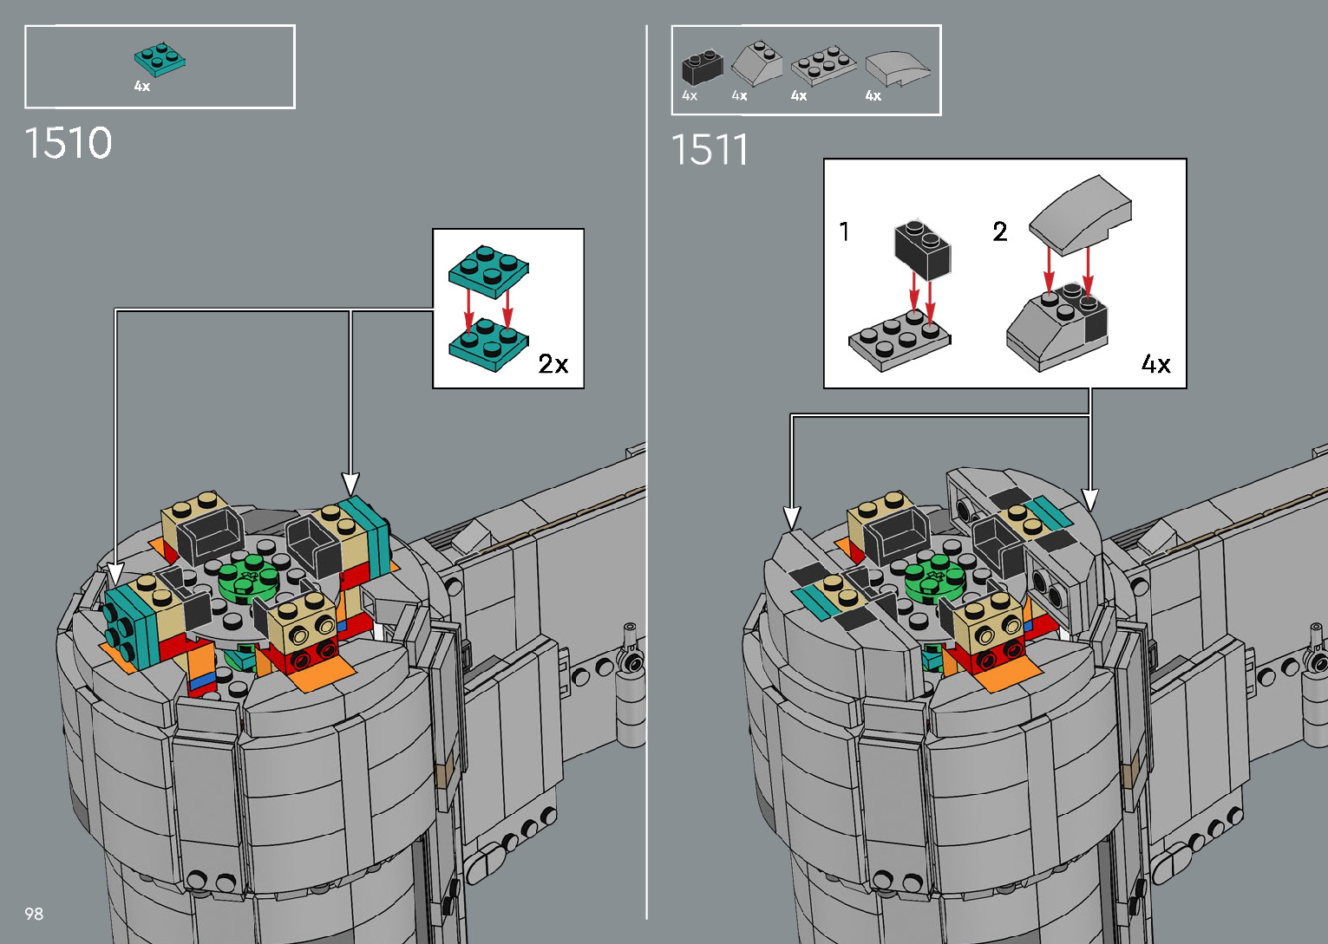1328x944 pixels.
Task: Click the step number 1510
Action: coord(69,143)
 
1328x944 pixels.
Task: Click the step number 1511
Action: coord(710,149)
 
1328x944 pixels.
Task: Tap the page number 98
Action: coord(34,914)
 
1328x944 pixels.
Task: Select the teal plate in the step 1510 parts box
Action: coord(160,59)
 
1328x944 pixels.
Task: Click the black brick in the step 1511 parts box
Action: coord(703,67)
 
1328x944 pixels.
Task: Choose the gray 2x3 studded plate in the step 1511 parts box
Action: coord(823,65)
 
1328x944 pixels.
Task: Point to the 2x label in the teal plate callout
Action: coord(553,364)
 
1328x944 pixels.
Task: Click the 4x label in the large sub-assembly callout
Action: coord(1156,363)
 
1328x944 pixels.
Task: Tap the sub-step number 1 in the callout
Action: coord(844,231)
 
